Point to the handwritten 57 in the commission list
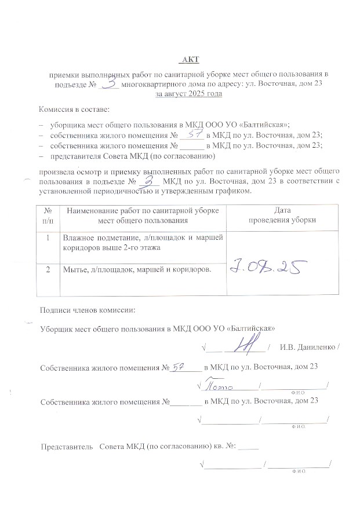tap(194, 134)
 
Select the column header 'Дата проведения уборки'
tap(274, 215)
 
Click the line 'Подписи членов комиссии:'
tap(87, 309)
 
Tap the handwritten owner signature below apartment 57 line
tap(217, 385)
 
